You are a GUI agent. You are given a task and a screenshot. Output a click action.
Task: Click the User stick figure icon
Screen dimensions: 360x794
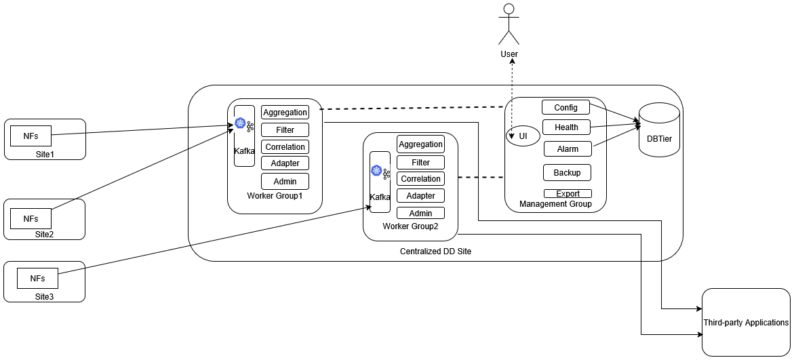click(509, 24)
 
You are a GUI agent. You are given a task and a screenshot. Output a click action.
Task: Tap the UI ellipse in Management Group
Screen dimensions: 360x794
click(523, 136)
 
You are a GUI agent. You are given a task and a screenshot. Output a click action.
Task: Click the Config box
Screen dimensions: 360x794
click(565, 107)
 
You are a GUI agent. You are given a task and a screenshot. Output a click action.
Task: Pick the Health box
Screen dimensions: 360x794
click(566, 127)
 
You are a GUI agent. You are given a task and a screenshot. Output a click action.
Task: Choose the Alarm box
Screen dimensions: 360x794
click(568, 148)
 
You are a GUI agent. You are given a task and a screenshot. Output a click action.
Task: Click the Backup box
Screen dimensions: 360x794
click(567, 172)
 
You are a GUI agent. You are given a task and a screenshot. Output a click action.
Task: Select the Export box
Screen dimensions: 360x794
click(568, 194)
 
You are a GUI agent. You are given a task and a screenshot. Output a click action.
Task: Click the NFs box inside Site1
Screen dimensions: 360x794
click(31, 136)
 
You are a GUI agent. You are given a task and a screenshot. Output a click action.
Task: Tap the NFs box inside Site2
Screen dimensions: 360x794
click(31, 218)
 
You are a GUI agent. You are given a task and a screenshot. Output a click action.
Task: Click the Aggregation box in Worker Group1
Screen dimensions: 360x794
click(285, 112)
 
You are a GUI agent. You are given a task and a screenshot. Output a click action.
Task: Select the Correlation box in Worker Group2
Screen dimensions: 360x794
click(420, 179)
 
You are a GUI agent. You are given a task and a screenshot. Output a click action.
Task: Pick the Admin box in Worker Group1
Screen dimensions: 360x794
click(285, 181)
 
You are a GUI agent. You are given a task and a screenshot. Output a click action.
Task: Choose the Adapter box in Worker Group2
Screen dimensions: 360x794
click(420, 195)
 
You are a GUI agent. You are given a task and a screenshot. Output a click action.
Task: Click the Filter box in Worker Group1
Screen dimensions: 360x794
click(285, 129)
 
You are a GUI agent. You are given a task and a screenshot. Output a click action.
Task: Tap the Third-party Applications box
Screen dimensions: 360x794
click(746, 323)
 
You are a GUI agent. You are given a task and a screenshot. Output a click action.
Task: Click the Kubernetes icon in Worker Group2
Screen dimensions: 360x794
click(376, 169)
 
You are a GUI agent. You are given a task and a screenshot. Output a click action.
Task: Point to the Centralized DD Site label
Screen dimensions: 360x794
click(435, 252)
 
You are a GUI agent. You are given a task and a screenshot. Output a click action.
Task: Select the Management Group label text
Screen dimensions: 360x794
click(555, 204)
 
